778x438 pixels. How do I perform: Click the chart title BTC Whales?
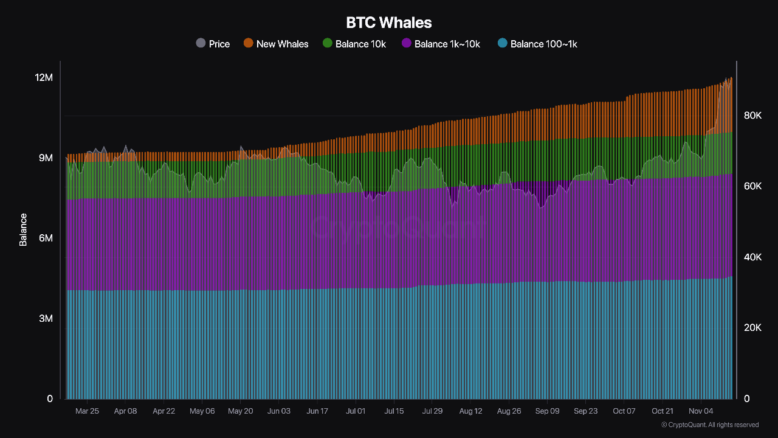coord(389,23)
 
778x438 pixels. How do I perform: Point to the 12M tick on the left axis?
coord(44,77)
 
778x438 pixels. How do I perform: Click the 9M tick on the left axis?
coord(46,158)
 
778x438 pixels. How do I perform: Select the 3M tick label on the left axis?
coord(46,318)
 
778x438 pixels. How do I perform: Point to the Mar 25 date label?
coord(87,411)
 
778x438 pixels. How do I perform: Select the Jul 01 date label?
coord(356,411)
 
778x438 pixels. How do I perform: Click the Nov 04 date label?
coord(701,411)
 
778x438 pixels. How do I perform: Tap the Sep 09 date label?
coord(547,411)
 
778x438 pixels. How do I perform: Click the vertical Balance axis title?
coord(23,229)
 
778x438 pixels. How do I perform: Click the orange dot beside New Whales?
coord(248,43)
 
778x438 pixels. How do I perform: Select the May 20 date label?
coord(240,411)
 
